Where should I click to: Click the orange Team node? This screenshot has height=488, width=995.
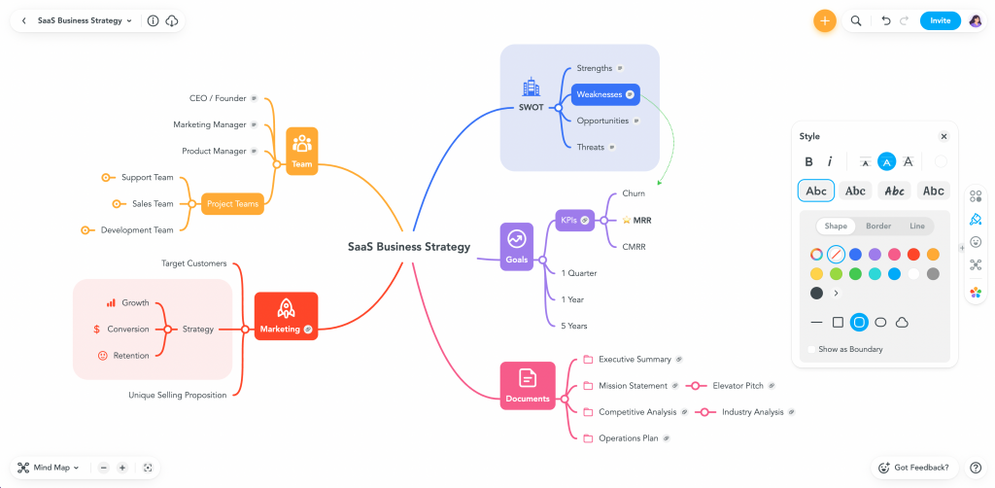click(x=302, y=151)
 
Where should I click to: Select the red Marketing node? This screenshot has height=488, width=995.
click(x=286, y=316)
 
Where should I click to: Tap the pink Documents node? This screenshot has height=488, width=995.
click(x=528, y=385)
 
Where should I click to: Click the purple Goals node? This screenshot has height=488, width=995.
click(x=516, y=246)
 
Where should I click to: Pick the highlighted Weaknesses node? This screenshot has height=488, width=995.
click(x=604, y=94)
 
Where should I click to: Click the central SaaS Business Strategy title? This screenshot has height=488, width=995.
click(x=409, y=247)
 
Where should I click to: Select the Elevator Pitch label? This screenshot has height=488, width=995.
click(x=738, y=386)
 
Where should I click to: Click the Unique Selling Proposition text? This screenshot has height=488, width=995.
click(x=178, y=395)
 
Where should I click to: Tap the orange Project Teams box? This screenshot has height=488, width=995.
click(x=232, y=204)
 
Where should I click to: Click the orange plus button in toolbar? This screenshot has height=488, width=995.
click(x=824, y=20)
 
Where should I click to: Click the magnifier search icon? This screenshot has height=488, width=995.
click(x=856, y=20)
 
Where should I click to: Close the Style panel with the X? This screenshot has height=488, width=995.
click(x=943, y=137)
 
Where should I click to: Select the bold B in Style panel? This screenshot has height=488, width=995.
click(x=808, y=161)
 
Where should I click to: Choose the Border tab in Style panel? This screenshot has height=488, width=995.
click(x=877, y=227)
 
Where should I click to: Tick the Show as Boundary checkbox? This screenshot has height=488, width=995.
click(x=811, y=349)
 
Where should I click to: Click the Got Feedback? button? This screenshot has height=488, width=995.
click(x=912, y=468)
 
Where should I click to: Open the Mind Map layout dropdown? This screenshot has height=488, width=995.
click(x=48, y=468)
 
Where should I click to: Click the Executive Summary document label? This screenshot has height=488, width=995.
click(x=635, y=360)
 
